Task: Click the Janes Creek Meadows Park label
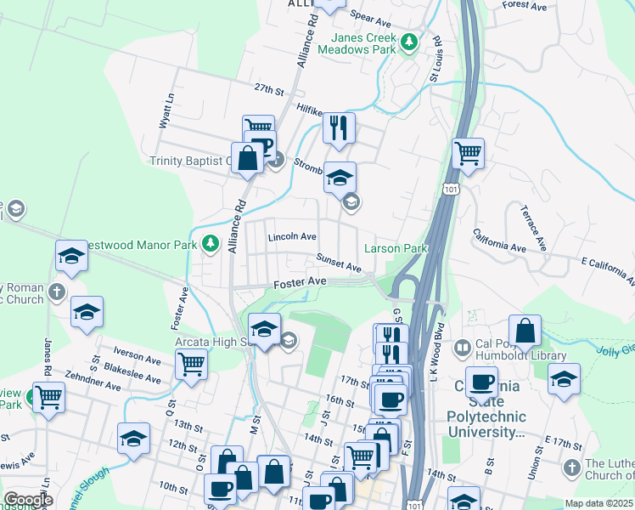coord(357,43)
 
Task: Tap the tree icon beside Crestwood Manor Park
coord(211,244)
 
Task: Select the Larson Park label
coord(394,248)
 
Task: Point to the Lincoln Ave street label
coord(292,237)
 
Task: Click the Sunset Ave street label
coord(339,263)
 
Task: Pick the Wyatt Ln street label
coord(166,110)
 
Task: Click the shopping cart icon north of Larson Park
coord(468,153)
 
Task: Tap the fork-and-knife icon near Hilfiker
coord(339,127)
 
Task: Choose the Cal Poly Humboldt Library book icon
coord(461,347)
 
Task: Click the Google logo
coord(28,499)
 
